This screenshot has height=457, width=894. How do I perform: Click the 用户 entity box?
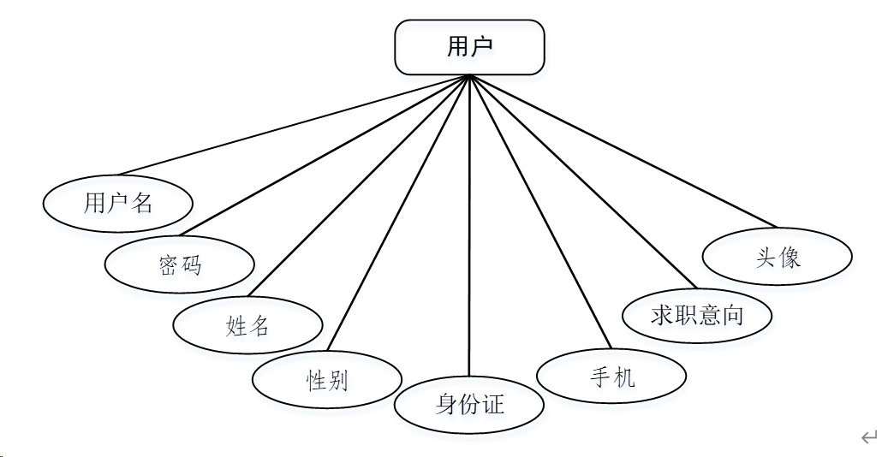(x=469, y=48)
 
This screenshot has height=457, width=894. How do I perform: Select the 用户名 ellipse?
(x=118, y=203)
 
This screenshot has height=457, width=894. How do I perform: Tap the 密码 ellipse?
(x=180, y=264)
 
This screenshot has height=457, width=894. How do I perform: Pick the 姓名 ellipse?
(x=247, y=325)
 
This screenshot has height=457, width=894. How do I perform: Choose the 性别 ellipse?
(x=327, y=380)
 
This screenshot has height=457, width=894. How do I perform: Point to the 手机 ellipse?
(x=611, y=376)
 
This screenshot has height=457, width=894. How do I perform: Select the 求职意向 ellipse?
(x=697, y=315)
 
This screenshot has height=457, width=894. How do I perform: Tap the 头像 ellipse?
(x=778, y=257)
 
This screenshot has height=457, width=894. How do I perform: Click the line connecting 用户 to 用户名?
(x=295, y=125)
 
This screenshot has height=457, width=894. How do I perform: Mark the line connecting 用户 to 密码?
(x=325, y=155)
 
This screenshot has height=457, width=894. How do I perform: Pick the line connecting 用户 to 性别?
(x=398, y=214)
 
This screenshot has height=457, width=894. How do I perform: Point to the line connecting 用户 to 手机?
(x=535, y=214)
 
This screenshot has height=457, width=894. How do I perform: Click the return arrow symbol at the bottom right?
(x=869, y=437)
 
